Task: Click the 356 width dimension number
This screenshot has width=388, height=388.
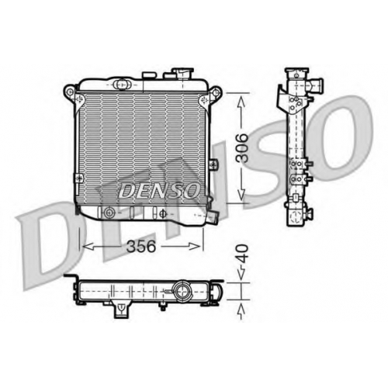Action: [x=141, y=246]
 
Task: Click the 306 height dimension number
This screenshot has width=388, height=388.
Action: [x=242, y=147]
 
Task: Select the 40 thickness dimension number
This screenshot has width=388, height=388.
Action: [x=242, y=254]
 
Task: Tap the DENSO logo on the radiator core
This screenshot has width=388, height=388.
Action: [x=159, y=191]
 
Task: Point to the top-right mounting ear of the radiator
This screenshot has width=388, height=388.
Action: [x=215, y=93]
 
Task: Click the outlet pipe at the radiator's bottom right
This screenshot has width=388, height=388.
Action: [x=213, y=217]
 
